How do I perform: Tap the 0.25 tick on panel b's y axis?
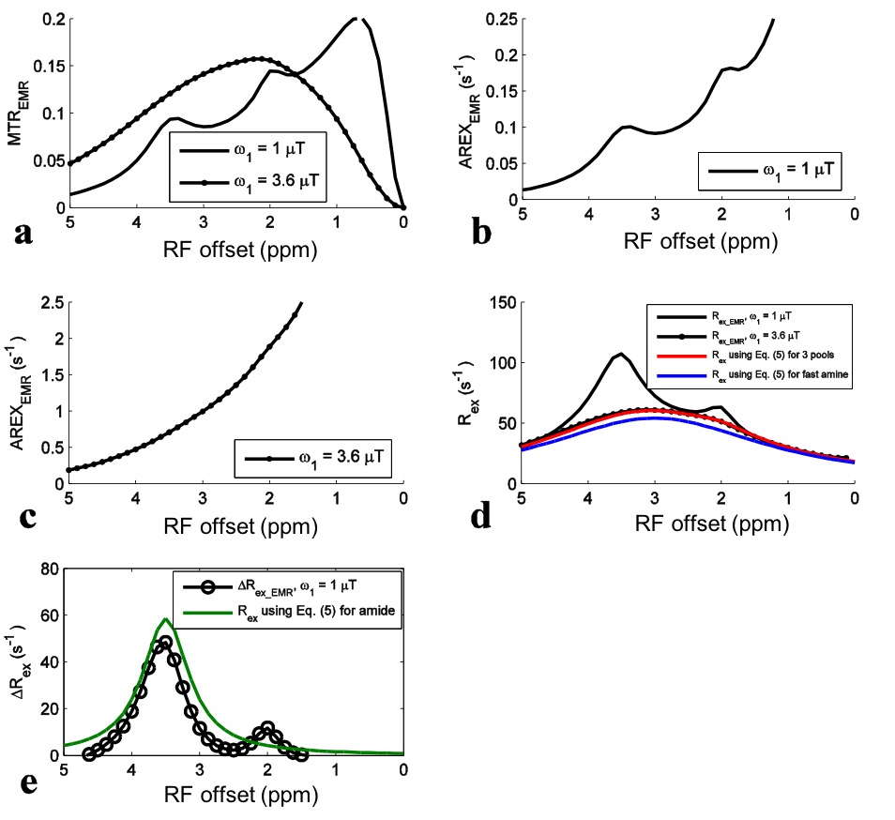click(501, 19)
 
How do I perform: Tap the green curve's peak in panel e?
click(166, 618)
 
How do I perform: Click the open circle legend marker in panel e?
click(208, 587)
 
